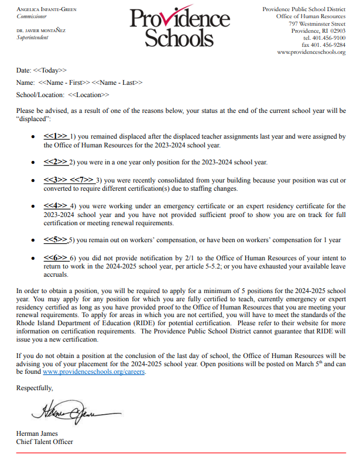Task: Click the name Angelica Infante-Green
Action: pos(47,10)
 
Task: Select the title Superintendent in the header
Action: pos(33,37)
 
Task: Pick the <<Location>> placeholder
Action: pos(88,95)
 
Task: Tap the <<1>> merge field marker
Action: pos(56,136)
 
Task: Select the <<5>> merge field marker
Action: pos(56,240)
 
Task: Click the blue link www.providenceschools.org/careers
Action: pos(93,371)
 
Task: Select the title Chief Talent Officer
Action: pos(44,442)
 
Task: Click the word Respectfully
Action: pos(35,388)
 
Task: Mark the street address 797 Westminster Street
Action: pos(317,24)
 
